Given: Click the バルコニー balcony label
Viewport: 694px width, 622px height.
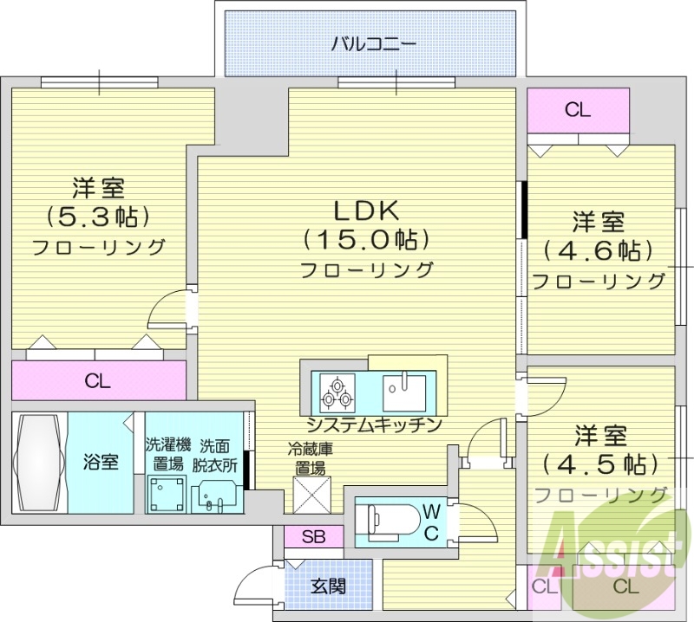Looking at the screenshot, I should [374, 42].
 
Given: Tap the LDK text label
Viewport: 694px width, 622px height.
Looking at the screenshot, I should [365, 211].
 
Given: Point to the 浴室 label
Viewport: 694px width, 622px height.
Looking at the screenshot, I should [101, 462].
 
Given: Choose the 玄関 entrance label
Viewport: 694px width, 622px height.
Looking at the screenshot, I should [329, 586].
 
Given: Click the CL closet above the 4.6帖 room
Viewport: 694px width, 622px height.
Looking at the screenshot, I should [578, 110].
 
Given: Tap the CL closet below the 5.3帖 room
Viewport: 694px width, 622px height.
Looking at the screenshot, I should [97, 381].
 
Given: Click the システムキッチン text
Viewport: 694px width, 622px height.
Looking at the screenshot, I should [374, 424].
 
